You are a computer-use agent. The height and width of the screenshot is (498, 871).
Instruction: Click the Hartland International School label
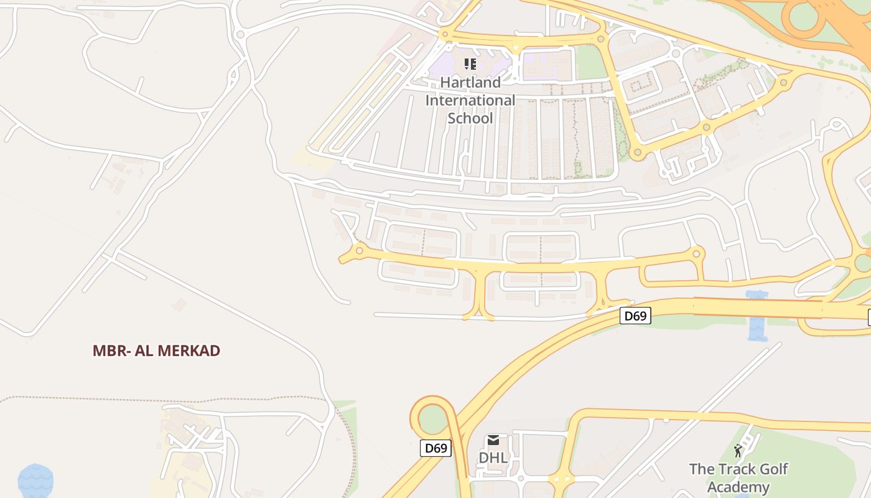(470, 100)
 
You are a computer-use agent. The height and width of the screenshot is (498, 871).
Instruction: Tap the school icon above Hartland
(470, 63)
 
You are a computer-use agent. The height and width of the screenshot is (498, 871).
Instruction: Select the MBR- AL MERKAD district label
(156, 350)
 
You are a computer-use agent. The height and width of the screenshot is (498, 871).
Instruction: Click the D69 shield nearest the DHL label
(435, 448)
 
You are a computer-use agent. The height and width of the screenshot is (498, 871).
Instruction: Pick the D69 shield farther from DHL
(635, 316)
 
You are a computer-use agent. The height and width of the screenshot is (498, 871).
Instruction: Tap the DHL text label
(493, 458)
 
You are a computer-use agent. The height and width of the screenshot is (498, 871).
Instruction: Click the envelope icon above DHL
(493, 441)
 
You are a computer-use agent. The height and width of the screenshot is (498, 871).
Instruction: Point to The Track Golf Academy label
(738, 477)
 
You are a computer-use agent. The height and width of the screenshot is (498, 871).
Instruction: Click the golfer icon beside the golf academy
(738, 451)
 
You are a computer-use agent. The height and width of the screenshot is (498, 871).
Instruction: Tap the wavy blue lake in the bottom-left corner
(35, 481)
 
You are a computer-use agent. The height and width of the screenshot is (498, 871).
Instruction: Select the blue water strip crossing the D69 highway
(757, 316)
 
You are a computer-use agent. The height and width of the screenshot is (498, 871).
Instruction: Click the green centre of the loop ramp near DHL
(434, 420)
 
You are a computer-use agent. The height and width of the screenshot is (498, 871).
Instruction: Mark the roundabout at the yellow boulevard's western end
(359, 250)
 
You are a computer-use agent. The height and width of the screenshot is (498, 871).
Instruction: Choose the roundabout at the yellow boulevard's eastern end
(697, 253)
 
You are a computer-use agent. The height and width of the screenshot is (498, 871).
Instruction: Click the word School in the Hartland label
(470, 118)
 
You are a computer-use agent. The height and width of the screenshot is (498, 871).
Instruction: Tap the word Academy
(738, 487)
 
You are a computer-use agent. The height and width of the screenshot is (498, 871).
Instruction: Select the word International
(470, 100)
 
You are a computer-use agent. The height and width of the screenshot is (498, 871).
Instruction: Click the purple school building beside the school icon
(448, 65)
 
